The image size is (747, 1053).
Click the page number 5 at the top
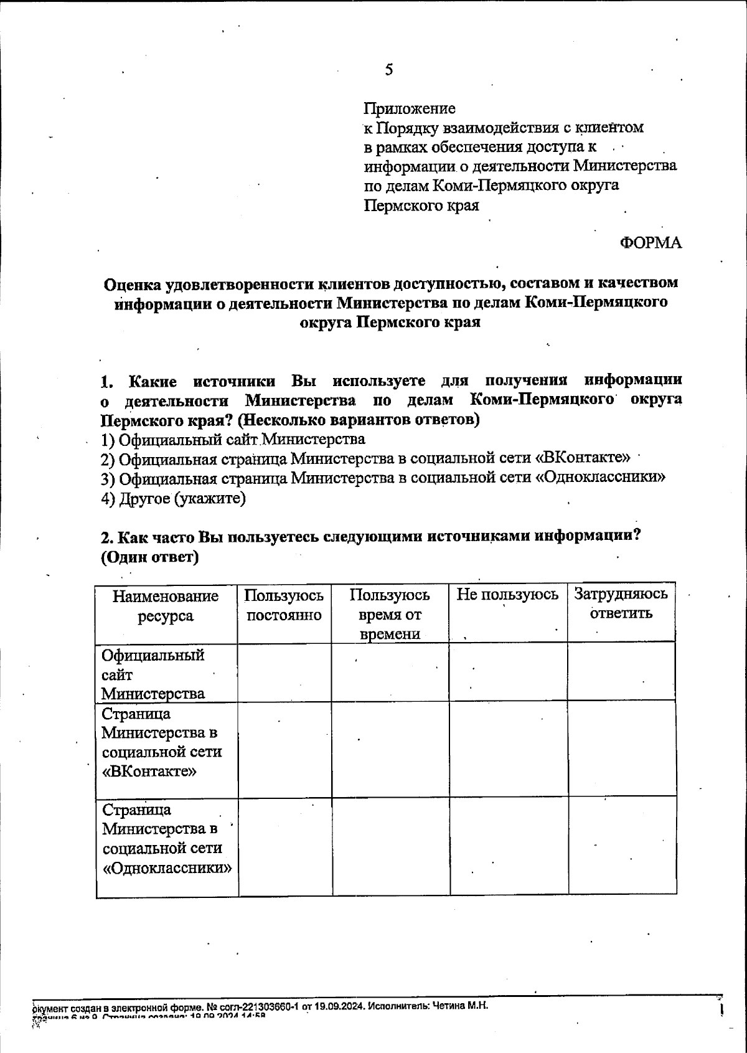pyautogui.click(x=388, y=70)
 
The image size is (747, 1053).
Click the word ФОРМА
pyautogui.click(x=651, y=243)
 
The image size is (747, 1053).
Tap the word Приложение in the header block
pyautogui.click(x=409, y=109)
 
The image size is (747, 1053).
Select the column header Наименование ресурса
pyautogui.click(x=166, y=606)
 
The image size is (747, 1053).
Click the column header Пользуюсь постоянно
pyautogui.click(x=284, y=606)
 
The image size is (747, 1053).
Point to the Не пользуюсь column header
pyautogui.click(x=507, y=595)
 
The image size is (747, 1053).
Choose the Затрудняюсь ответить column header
pyautogui.click(x=621, y=603)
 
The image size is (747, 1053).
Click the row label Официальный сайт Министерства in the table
pyautogui.click(x=153, y=674)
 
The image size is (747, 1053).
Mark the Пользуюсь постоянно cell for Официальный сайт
pyautogui.click(x=284, y=673)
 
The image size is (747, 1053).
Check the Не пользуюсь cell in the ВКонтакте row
pyautogui.click(x=508, y=749)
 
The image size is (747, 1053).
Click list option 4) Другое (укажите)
pyautogui.click(x=174, y=499)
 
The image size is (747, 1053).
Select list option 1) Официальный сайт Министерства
pyautogui.click(x=233, y=440)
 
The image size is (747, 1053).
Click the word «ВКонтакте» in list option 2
pyautogui.click(x=583, y=459)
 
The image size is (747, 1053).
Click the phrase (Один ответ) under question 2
pyautogui.click(x=149, y=557)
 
